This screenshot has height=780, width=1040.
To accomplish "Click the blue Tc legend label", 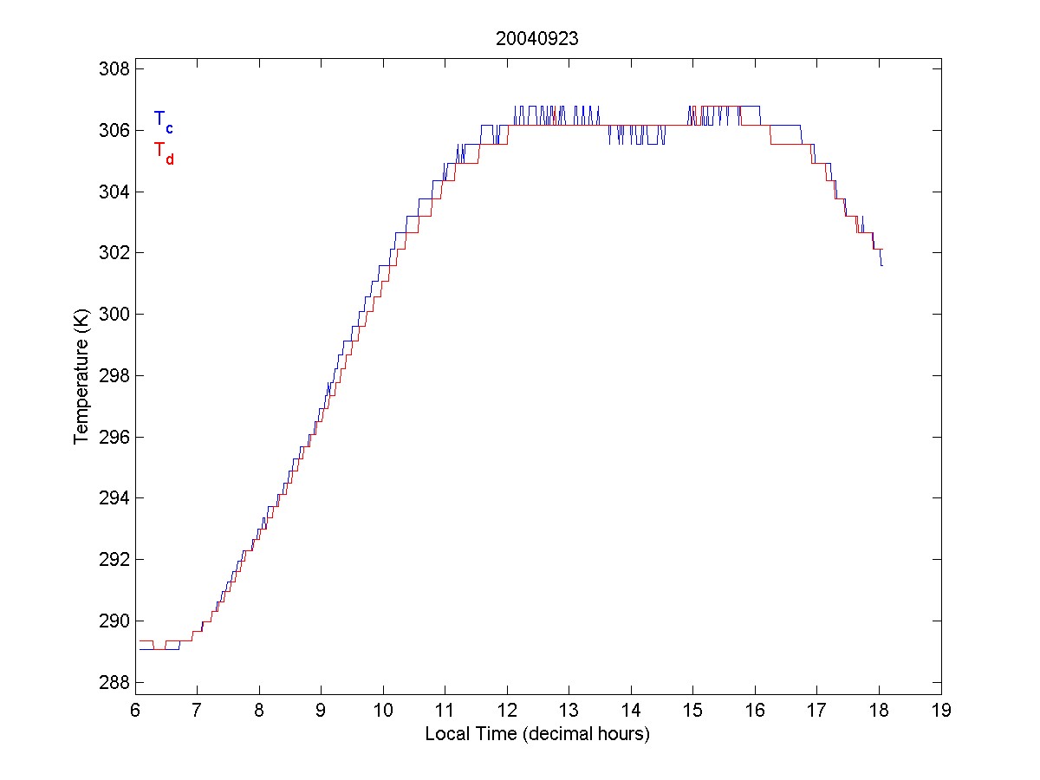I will (x=163, y=121).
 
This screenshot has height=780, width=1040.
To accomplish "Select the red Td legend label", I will (x=163, y=153).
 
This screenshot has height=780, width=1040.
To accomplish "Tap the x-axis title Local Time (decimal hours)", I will (x=537, y=734).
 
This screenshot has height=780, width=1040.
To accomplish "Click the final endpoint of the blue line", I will (x=881, y=265).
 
